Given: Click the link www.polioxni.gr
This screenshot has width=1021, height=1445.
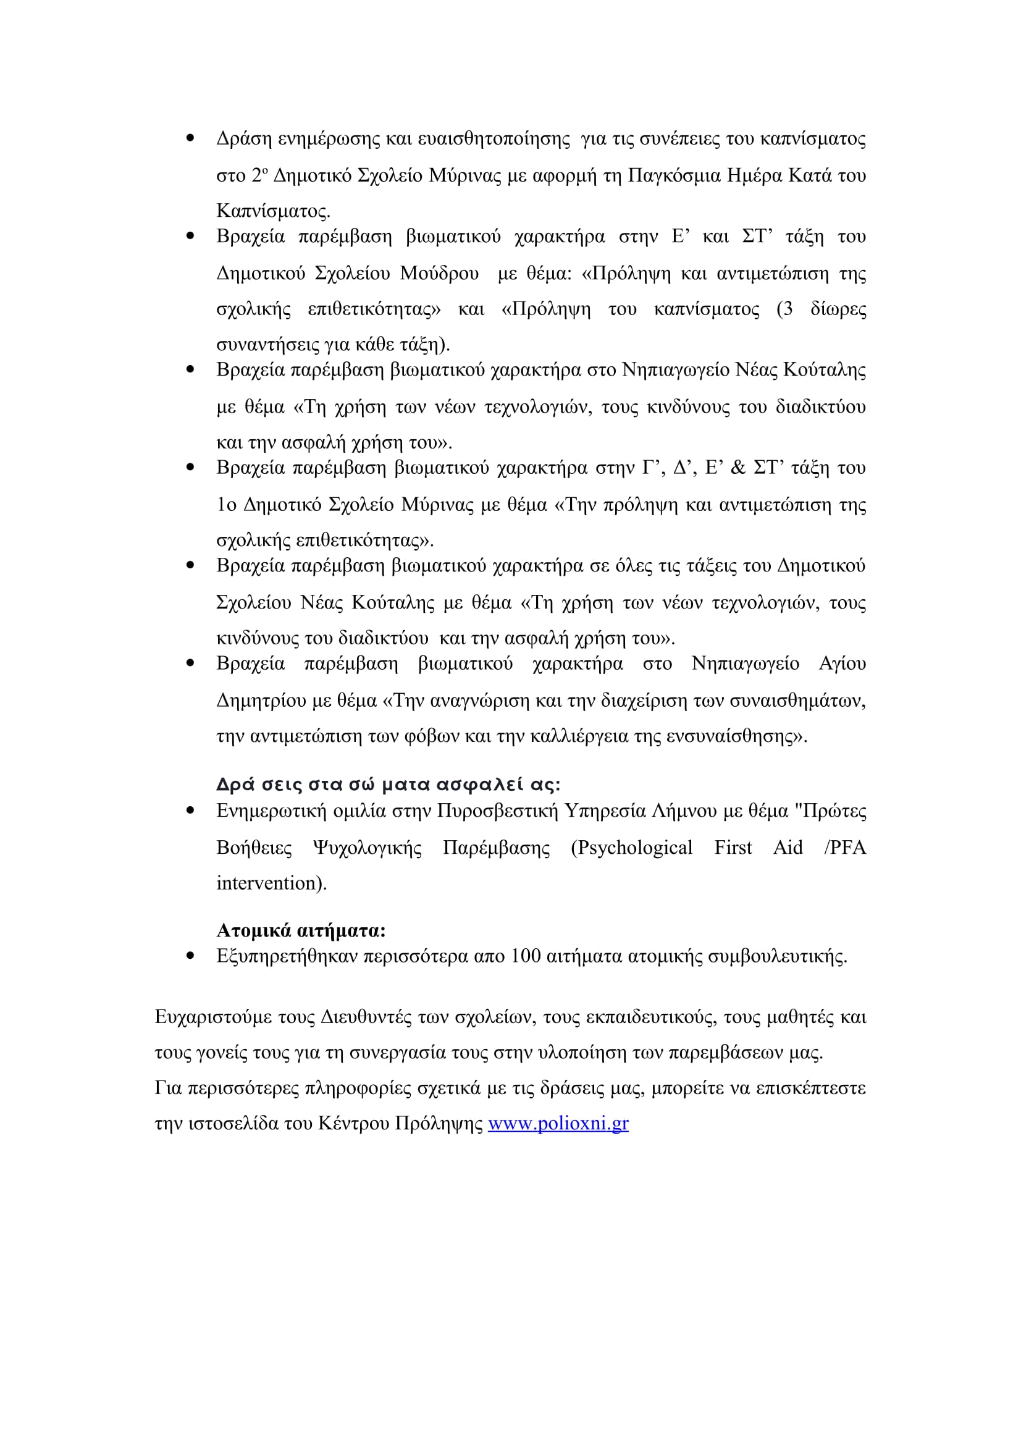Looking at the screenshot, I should coord(558,1123).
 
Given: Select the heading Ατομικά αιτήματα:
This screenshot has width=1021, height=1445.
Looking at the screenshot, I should coord(301,930).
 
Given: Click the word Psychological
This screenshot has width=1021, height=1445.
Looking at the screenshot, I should coord(632,848).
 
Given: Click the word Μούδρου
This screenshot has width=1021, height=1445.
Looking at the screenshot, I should coord(439,274).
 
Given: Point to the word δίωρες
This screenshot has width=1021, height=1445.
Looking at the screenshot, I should coord(838,309).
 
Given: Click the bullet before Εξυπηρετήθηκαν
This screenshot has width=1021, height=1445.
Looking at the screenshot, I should coord(190,956).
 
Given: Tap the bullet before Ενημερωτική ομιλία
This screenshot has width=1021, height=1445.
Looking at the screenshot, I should coord(190,811).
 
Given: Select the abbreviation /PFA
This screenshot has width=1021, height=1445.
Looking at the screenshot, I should coord(845,848).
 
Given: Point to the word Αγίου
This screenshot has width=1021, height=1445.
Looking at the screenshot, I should coord(842,664).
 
